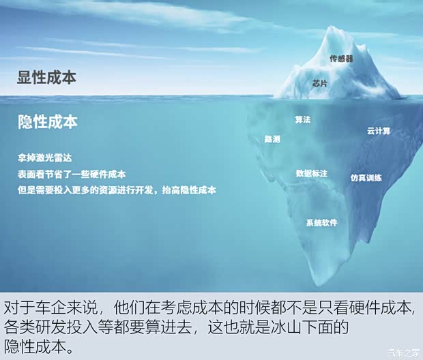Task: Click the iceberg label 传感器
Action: [341, 59]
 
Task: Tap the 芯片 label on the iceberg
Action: [320, 82]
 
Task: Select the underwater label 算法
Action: [302, 119]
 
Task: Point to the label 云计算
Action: [378, 130]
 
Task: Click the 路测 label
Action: [272, 138]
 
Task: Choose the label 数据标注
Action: [312, 173]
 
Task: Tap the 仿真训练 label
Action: [366, 177]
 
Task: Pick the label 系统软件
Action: [321, 222]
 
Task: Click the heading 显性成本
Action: [46, 77]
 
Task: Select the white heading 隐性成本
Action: [48, 121]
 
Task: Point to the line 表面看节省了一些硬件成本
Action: [72, 174]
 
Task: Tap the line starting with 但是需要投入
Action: [117, 190]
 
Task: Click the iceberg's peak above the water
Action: [334, 31]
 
